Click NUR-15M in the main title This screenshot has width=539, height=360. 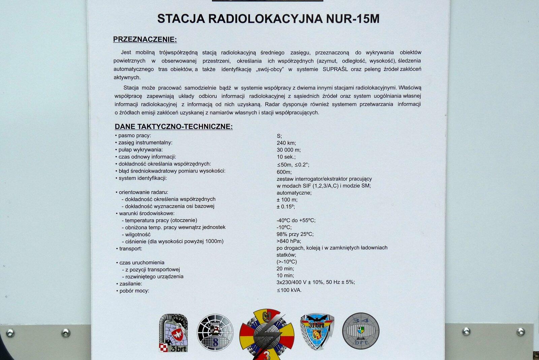(x=352, y=19)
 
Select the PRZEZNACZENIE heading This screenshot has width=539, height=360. (x=145, y=39)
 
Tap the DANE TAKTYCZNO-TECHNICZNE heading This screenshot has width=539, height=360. (x=173, y=127)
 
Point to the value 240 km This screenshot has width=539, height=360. (x=286, y=143)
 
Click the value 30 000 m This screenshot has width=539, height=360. (x=289, y=150)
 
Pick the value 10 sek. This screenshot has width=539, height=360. (x=286, y=157)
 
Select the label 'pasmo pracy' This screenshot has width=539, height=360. (x=134, y=136)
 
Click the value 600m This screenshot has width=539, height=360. (x=284, y=172)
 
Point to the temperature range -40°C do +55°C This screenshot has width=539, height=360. (x=296, y=220)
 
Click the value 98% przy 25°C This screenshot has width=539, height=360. (x=295, y=234)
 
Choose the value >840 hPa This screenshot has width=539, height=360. (x=289, y=241)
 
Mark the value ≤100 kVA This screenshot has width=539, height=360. (x=289, y=290)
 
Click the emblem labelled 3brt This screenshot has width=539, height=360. (x=173, y=333)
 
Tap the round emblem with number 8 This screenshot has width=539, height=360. (x=215, y=332)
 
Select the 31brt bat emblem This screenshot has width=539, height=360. (x=317, y=331)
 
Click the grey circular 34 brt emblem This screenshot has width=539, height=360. (x=360, y=331)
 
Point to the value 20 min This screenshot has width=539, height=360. (x=285, y=269)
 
